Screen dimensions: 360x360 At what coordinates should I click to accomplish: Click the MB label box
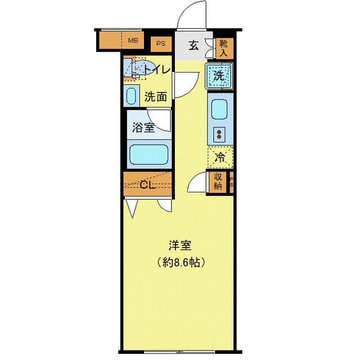(x=133, y=40)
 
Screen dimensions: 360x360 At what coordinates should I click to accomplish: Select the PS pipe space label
(x=161, y=43)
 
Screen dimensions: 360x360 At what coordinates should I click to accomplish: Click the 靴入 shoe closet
(x=223, y=48)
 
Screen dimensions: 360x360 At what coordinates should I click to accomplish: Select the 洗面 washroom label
(x=155, y=97)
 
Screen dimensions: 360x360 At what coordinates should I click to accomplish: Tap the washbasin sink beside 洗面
(x=131, y=96)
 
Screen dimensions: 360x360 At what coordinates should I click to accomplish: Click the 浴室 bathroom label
(x=143, y=128)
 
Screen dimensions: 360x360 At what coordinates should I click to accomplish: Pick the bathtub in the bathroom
(x=148, y=154)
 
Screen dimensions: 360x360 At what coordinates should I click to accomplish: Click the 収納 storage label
(x=218, y=181)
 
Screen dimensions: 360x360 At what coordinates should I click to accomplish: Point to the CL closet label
(x=148, y=185)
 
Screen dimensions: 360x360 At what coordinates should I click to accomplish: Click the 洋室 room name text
(x=180, y=246)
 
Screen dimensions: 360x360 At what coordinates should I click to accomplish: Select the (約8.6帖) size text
(x=181, y=262)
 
